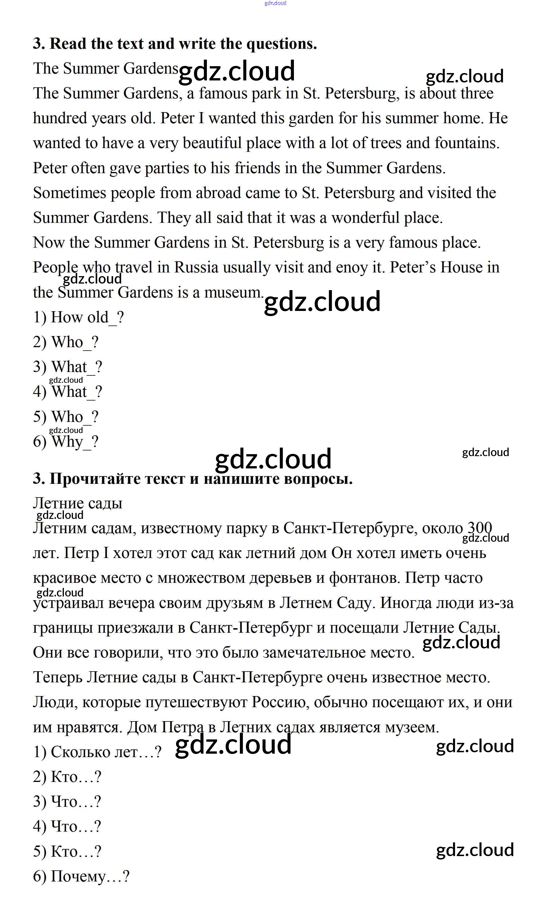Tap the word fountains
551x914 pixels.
[467, 143]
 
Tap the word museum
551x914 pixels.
[233, 292]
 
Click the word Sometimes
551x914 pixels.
[69, 193]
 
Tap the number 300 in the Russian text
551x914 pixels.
[479, 527]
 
